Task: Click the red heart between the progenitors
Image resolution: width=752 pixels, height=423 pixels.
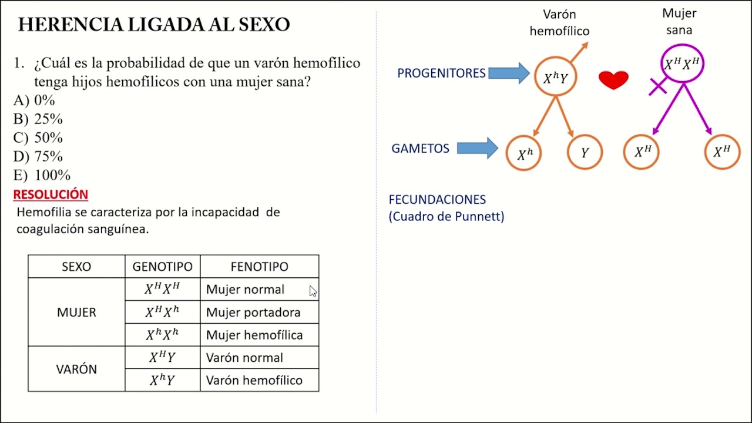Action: point(613,79)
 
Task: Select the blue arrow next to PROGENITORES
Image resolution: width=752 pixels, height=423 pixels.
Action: point(509,73)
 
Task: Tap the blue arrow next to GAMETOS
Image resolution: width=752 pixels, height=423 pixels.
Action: point(477,148)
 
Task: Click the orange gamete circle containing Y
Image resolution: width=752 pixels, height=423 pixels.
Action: point(585,153)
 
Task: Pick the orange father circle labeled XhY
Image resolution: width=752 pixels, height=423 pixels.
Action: point(555,77)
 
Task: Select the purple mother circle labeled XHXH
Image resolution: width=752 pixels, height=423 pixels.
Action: point(682,64)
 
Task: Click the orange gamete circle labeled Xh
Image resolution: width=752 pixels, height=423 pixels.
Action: point(523,153)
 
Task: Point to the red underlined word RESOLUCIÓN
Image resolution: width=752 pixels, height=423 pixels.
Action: point(51,194)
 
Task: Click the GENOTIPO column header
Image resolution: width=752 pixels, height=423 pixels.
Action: point(162,267)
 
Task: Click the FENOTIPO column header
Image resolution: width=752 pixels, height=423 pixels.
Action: point(259,267)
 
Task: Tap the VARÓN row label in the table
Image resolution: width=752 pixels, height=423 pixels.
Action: point(76,370)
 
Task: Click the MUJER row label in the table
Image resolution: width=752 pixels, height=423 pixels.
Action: point(76,313)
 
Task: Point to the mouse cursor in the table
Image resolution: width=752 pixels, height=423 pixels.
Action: point(313,291)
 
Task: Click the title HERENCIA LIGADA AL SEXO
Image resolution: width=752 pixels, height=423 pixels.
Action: point(154,25)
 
